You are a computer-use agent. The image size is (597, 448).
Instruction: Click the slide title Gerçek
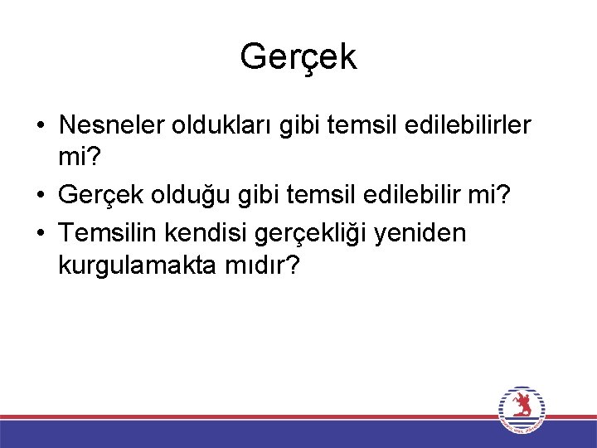[298, 56]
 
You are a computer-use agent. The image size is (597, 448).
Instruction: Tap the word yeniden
[422, 235]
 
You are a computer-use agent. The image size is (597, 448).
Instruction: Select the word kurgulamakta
[136, 266]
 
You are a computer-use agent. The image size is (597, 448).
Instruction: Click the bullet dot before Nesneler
[41, 126]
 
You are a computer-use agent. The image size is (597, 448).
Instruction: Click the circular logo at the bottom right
[522, 410]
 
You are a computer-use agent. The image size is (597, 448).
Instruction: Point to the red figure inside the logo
[522, 407]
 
